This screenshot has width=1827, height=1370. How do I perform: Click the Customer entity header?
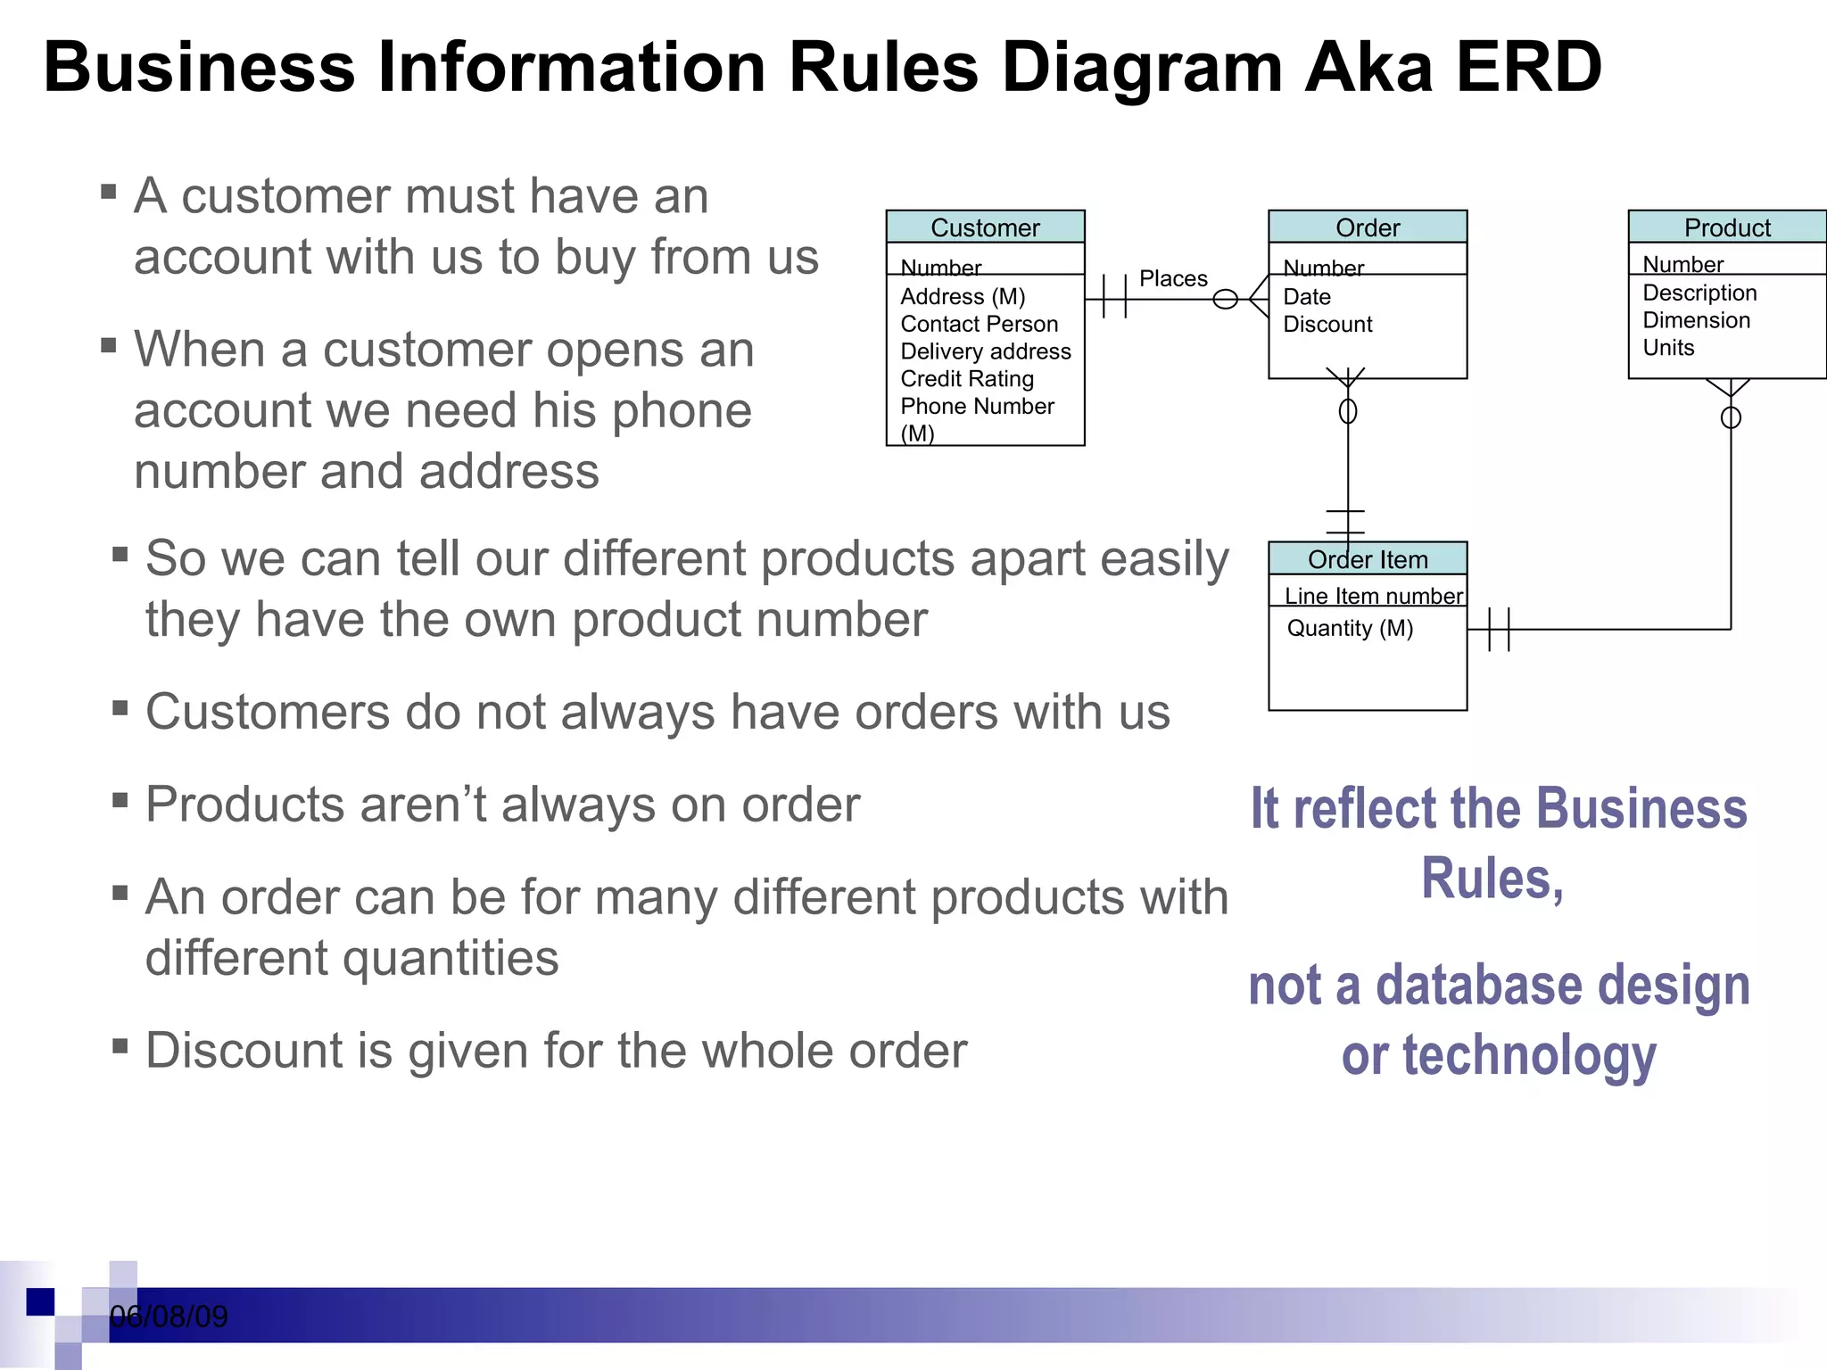pyautogui.click(x=985, y=227)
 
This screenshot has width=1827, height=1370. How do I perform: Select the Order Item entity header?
pyautogui.click(x=1368, y=559)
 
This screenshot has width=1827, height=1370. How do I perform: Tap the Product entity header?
pyautogui.click(x=1727, y=227)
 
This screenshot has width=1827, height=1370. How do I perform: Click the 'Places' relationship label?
pyautogui.click(x=1173, y=278)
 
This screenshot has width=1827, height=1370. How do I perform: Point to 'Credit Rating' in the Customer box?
pyautogui.click(x=967, y=379)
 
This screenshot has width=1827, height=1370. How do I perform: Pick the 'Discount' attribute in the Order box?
pyautogui.click(x=1327, y=325)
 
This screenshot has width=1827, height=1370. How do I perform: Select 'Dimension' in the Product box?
pyautogui.click(x=1696, y=320)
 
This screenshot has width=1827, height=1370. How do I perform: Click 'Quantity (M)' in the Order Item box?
pyautogui.click(x=1350, y=628)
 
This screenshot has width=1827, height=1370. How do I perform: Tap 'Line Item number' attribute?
pyautogui.click(x=1373, y=596)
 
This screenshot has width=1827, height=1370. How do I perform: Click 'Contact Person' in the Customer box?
pyautogui.click(x=979, y=324)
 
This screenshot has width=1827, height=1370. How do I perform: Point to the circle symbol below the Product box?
pyautogui.click(x=1731, y=417)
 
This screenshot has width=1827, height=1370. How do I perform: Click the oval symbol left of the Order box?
pyautogui.click(x=1226, y=300)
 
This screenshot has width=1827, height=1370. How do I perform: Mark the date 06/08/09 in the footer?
pyautogui.click(x=169, y=1316)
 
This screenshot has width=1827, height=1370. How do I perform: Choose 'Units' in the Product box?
pyautogui.click(x=1668, y=348)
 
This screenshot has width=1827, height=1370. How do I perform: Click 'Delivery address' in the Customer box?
pyautogui.click(x=985, y=351)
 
